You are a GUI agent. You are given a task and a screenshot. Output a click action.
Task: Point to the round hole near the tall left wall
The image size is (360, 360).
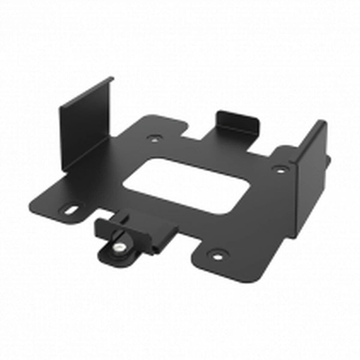tap(154, 139)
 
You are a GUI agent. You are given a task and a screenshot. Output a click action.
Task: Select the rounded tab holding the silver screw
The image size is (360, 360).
tap(114, 253)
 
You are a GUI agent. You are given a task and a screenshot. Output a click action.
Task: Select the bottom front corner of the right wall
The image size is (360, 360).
tap(295, 226)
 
